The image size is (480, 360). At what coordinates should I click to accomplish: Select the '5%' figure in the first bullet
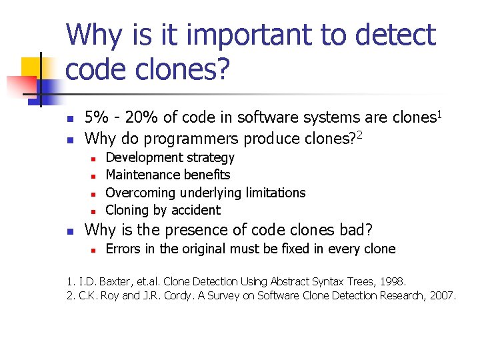tap(97, 118)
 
